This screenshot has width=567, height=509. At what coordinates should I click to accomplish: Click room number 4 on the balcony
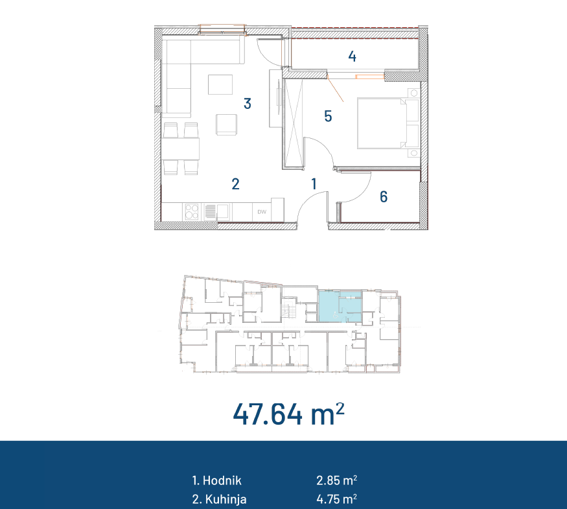353,56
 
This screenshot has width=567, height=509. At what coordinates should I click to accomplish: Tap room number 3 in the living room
248,104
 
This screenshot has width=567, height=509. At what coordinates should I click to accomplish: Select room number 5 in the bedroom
328,116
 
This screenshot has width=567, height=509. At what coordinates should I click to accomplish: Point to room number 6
384,197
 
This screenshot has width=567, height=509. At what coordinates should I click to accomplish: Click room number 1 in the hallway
314,183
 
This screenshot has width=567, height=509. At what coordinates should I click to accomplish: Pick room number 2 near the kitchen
235,184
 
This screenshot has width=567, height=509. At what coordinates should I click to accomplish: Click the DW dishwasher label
262,212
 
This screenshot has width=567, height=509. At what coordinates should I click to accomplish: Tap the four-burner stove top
192,211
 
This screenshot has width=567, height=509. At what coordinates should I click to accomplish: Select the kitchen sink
216,212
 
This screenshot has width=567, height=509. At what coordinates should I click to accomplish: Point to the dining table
180,148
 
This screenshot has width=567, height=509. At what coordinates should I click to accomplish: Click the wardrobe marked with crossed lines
294,123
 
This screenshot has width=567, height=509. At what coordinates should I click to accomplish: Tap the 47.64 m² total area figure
288,414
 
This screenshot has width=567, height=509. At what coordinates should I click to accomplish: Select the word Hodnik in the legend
222,480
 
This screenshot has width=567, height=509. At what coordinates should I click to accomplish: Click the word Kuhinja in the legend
226,499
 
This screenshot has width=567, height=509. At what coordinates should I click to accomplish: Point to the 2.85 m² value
337,480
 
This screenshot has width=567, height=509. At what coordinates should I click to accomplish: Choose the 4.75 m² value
337,499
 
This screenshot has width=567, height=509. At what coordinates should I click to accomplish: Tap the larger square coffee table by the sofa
220,85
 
